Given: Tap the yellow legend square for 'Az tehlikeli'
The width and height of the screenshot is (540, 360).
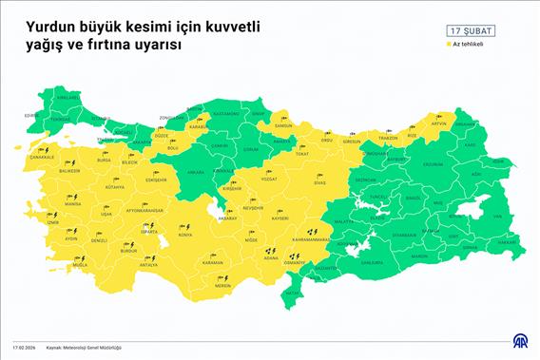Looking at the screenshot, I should point(448,44).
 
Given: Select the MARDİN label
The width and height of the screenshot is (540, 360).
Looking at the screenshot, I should point(420,256).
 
